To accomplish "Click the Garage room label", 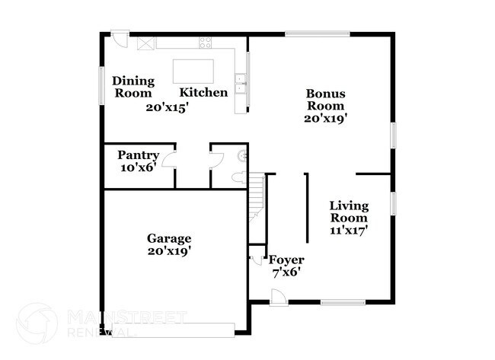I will (x=169, y=237).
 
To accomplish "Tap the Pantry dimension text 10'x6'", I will (x=137, y=167).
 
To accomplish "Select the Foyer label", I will (x=287, y=260).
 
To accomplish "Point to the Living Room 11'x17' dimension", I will (x=349, y=231).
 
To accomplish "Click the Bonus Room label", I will (x=324, y=100).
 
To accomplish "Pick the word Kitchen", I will (x=203, y=93).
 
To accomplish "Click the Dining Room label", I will (x=133, y=87).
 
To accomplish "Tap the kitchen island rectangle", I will (x=193, y=70).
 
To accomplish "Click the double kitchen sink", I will (x=241, y=83).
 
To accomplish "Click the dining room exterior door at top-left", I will (x=120, y=38).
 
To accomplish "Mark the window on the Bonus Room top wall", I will (x=318, y=33).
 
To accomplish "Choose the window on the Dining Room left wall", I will (x=102, y=84).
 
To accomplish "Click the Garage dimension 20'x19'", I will (x=169, y=250).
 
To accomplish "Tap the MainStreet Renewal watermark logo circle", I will (x=37, y=321).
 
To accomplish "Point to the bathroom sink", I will (x=243, y=156).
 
